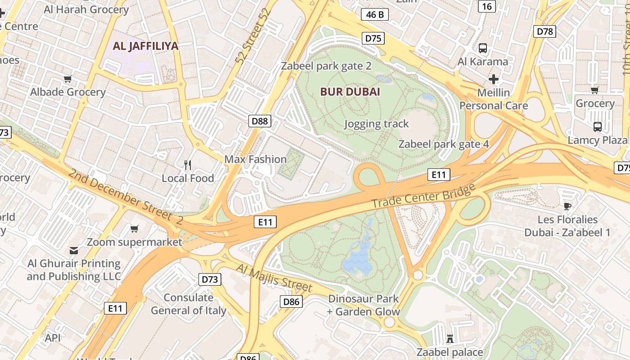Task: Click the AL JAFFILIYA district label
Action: point(145,46)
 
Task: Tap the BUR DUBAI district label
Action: point(350,92)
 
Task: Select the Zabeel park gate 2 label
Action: point(326,66)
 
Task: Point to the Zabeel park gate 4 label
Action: point(444,144)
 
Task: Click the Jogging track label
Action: point(376,124)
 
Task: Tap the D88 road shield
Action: point(260,121)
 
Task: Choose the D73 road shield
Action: point(210,279)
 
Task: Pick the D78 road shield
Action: point(544,31)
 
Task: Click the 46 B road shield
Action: point(375,15)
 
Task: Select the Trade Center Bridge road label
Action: point(423,196)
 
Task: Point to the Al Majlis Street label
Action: point(274,277)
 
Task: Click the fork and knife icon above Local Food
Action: point(188,165)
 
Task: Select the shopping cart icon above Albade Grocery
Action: point(68,79)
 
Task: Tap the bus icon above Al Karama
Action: point(483,48)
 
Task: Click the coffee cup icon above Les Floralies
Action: point(567,207)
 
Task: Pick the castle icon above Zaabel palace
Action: point(450,338)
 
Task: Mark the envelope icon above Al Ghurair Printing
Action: point(74,250)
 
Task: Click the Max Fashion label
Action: point(255,159)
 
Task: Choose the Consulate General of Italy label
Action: point(189,304)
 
